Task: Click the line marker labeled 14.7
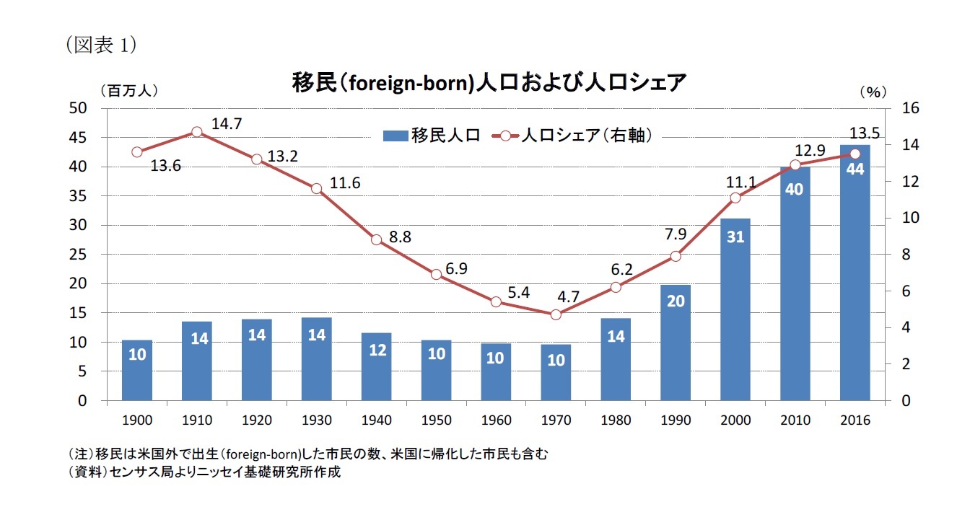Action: click(197, 132)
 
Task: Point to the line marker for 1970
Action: click(556, 314)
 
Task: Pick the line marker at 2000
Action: click(735, 198)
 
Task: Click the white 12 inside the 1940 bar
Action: click(376, 351)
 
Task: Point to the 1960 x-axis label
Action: click(496, 420)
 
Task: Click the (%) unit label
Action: click(873, 92)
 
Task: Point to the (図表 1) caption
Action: click(100, 45)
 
